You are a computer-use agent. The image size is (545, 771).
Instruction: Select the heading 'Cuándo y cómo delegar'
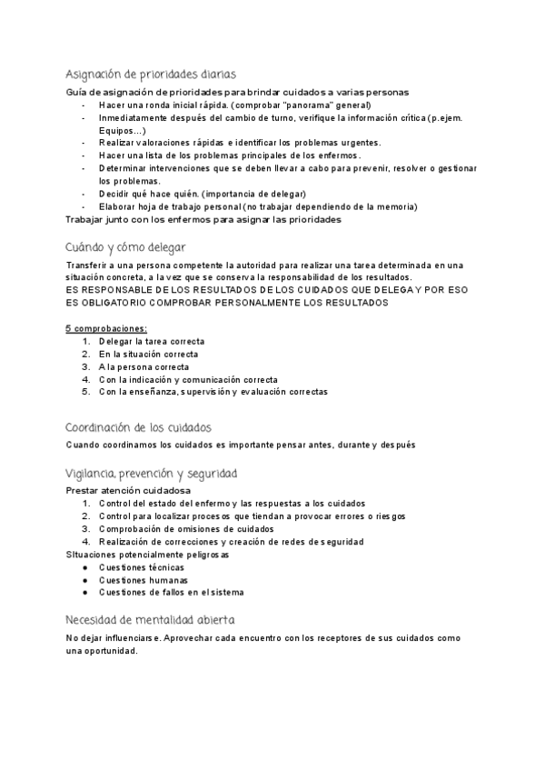pos(125,246)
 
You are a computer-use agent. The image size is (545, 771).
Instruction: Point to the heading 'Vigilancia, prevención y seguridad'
pos(152,474)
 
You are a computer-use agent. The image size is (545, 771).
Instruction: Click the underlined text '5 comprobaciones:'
pos(107,327)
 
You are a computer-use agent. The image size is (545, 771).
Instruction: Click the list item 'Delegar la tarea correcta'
pos(152,341)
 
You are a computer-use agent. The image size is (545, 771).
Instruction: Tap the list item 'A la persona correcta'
pos(143,366)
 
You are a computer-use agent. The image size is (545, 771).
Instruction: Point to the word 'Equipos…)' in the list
pos(121,131)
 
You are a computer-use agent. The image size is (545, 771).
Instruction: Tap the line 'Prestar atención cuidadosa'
pos(128,490)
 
